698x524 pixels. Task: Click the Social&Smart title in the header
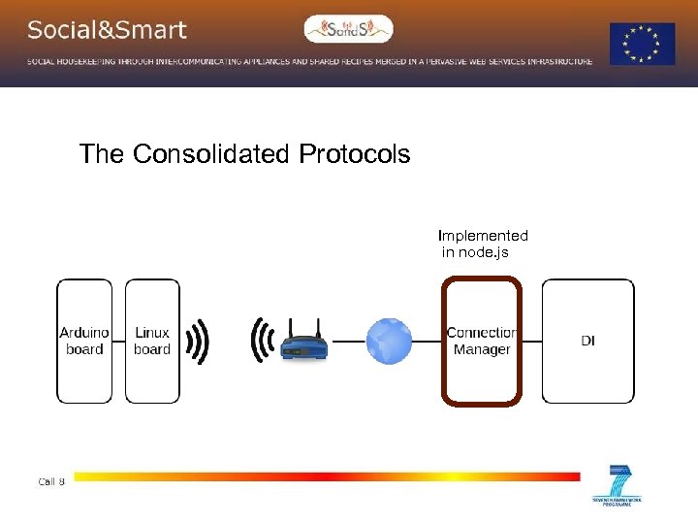[x=107, y=30]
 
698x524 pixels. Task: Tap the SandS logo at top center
[x=349, y=29]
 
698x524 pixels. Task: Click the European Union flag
[x=642, y=44]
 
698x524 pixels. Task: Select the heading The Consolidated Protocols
[x=244, y=154]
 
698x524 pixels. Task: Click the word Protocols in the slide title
[x=354, y=154]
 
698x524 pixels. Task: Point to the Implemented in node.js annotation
[x=482, y=244]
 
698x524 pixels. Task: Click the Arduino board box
[x=84, y=341]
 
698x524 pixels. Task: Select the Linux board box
[x=152, y=341]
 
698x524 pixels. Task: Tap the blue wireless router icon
[x=303, y=344]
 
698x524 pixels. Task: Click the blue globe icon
[x=389, y=342]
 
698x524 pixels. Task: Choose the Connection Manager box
[x=482, y=341]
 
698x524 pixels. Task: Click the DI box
[x=587, y=341]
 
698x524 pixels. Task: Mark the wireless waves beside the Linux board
[x=198, y=341]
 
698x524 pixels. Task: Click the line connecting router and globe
[x=347, y=342]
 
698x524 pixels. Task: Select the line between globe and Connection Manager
[x=428, y=342]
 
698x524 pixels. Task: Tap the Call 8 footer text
[x=51, y=481]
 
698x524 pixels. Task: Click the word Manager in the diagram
[x=482, y=349]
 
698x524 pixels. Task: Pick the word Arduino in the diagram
[x=84, y=333]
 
